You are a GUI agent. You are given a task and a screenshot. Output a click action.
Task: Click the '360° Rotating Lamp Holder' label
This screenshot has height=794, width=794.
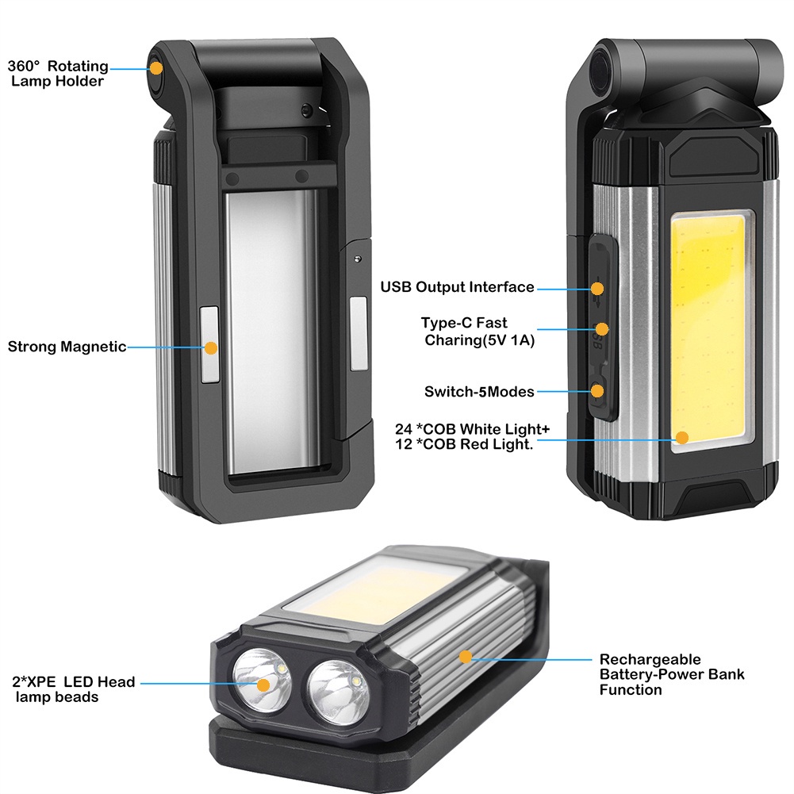pyautogui.click(x=58, y=74)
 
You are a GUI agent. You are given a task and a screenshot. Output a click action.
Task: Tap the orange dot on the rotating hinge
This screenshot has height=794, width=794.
pyautogui.click(x=155, y=69)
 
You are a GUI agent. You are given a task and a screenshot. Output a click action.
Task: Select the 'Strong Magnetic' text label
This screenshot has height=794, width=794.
pyautogui.click(x=67, y=347)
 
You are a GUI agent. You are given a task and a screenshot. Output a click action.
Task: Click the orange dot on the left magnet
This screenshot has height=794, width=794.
pyautogui.click(x=210, y=347)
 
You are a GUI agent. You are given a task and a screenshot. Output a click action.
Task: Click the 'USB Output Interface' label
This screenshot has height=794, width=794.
pyautogui.click(x=457, y=287)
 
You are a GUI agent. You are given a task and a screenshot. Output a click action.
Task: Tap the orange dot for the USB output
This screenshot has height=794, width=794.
pyautogui.click(x=598, y=288)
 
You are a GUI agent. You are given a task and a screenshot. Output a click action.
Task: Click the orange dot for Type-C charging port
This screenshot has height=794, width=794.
pyautogui.click(x=602, y=328)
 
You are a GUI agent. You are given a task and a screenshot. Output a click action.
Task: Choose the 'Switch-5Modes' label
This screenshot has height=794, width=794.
pyautogui.click(x=479, y=391)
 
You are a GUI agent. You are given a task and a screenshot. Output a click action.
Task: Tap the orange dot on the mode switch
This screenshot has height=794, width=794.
pyautogui.click(x=598, y=390)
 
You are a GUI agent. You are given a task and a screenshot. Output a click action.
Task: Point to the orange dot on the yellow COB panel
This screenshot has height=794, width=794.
pyautogui.click(x=682, y=436)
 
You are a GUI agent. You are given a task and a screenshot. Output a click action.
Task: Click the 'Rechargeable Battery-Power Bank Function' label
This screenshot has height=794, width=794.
pyautogui.click(x=671, y=674)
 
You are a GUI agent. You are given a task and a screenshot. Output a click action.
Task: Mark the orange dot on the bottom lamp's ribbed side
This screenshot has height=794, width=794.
pyautogui.click(x=466, y=656)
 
